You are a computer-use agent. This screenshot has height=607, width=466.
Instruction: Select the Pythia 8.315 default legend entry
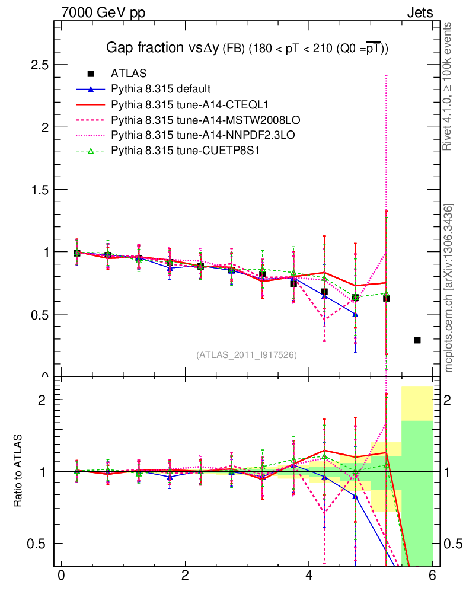tap(161, 89)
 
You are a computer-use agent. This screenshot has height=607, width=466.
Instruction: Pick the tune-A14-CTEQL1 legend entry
tap(177, 104)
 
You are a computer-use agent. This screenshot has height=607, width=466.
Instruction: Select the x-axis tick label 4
tap(309, 576)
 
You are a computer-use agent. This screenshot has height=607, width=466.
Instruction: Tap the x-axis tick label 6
tap(433, 576)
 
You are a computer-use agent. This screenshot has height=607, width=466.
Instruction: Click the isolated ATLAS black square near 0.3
tap(417, 340)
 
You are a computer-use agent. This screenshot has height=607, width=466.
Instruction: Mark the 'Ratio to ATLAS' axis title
tap(18, 471)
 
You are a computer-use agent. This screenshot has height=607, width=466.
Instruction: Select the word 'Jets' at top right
tap(419, 12)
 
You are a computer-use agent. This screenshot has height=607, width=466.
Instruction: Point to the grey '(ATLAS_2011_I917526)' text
tap(247, 354)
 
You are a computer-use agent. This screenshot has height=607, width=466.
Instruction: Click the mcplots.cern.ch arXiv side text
tap(449, 287)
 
